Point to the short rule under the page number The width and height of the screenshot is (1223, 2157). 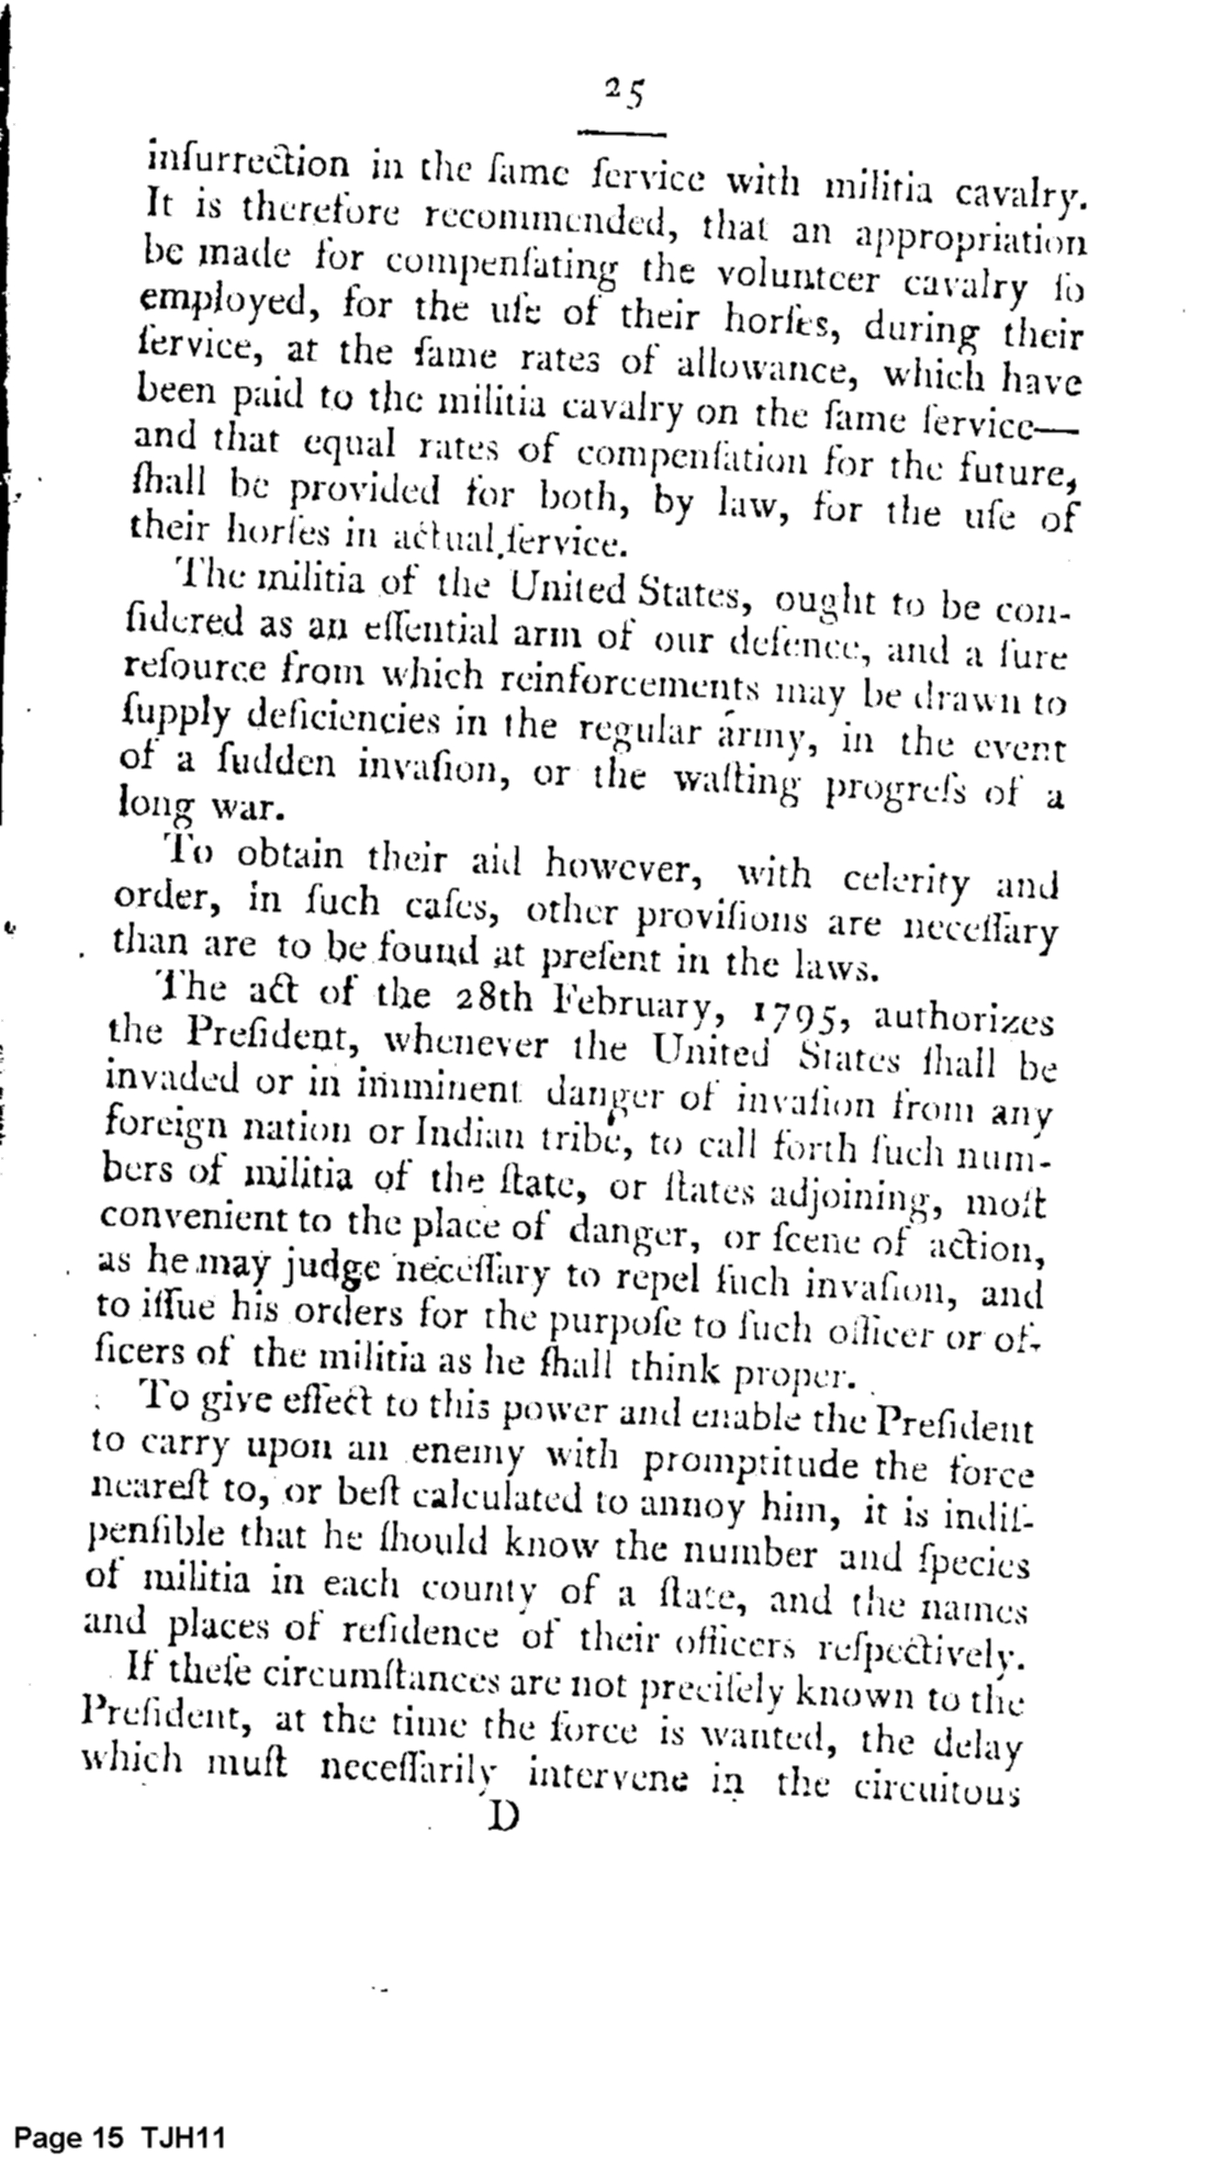point(622,134)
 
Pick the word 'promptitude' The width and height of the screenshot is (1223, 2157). point(753,1460)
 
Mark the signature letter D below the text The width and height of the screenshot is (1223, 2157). point(503,1815)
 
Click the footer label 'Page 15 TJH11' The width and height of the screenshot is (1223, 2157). point(120,2132)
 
